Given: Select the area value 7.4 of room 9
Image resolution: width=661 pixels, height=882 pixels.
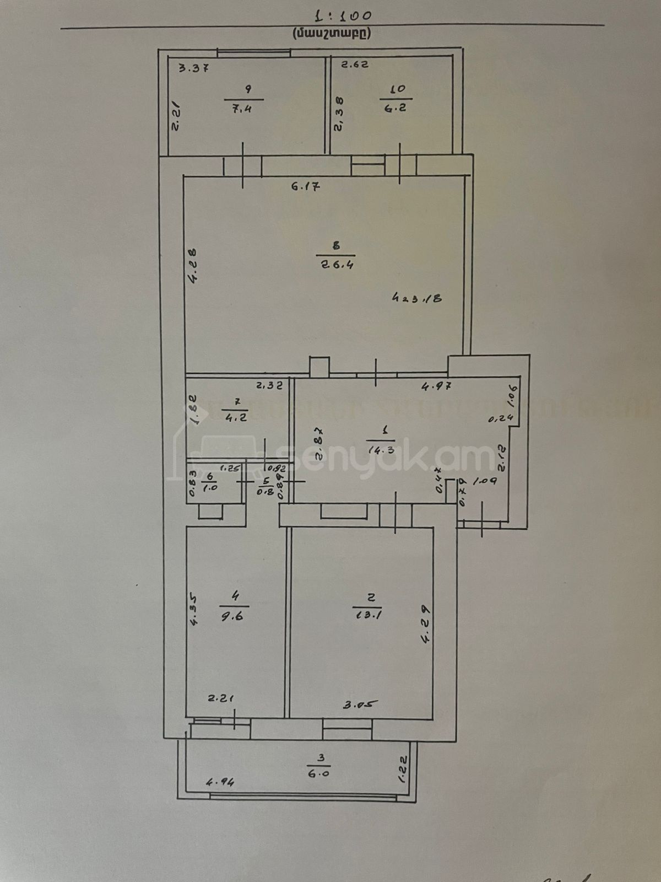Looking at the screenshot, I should [x=243, y=109].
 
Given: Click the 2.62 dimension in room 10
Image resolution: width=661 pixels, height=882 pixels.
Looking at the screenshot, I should [x=355, y=64].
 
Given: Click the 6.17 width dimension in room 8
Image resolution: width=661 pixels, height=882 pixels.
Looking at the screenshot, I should [x=306, y=187].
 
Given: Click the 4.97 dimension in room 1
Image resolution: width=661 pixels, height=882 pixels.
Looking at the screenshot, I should [x=437, y=386].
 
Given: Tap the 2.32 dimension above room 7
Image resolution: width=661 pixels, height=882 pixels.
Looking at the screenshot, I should [x=269, y=386].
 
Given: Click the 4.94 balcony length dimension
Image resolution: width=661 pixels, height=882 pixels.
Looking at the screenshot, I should [x=220, y=782].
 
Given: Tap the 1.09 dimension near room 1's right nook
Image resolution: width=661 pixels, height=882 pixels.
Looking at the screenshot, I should [x=485, y=481].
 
